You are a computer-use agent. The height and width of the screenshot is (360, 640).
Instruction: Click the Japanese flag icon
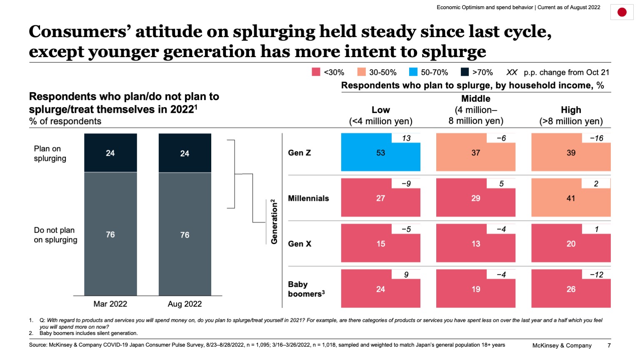622,12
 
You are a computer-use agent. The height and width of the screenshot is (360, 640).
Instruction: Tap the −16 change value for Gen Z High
596,138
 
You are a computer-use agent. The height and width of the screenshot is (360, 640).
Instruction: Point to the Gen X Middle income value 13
475,244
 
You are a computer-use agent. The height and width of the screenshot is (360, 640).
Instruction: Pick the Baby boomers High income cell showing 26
570,290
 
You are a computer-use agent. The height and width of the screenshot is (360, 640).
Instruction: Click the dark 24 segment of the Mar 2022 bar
110,153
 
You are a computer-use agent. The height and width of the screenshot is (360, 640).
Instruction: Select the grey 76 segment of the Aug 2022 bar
185,235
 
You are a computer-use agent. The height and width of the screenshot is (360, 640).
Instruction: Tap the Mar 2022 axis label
110,304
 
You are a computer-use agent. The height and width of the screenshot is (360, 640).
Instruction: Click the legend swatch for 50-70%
413,72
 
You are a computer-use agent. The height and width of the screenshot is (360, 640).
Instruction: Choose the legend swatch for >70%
465,72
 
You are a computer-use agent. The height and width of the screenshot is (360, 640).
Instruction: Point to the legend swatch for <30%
316,72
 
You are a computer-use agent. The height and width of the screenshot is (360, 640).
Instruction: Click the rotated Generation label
274,222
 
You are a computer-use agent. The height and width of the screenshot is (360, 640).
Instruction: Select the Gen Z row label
299,153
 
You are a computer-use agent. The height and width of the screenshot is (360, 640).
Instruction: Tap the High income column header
570,115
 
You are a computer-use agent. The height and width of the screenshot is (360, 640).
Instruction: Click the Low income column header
380,115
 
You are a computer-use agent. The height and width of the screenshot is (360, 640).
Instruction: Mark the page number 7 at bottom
609,345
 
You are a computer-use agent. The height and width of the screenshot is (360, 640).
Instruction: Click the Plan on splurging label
50,153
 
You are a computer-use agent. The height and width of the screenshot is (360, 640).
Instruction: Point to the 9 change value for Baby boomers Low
406,275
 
